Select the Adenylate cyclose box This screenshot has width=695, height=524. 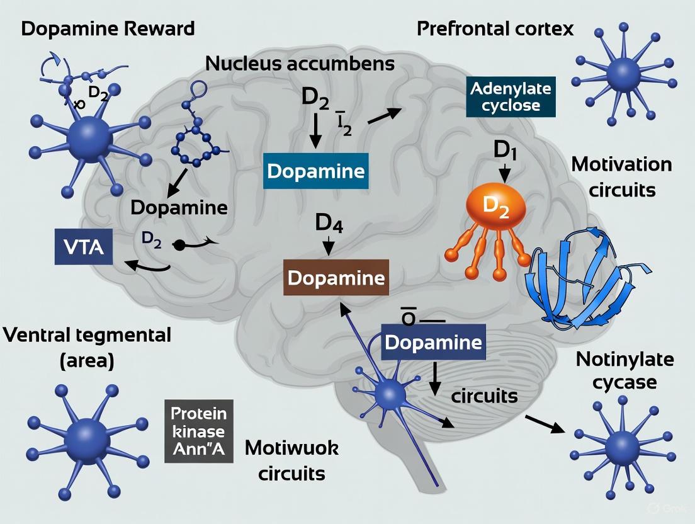point(511,96)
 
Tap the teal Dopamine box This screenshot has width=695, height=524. point(315,171)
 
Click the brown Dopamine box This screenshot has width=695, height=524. point(336,278)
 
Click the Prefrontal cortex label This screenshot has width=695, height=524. point(495,29)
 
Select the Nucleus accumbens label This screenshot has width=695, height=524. point(300,64)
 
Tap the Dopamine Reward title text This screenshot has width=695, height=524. point(108,29)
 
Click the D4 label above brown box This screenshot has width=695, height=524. point(328,225)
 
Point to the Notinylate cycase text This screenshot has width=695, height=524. point(624,370)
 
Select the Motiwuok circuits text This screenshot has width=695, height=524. point(291,460)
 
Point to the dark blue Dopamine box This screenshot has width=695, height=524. point(432,343)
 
